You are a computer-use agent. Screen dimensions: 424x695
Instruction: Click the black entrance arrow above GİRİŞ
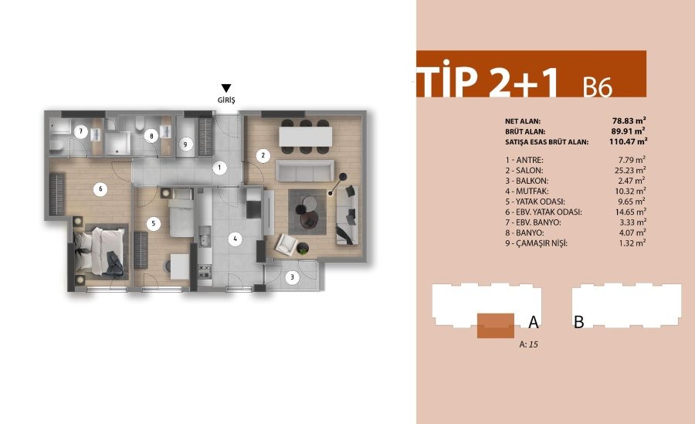pos(225,88)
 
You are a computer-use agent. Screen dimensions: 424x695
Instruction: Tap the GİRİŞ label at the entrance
pos(225,100)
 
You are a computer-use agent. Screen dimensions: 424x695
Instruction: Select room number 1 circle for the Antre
pos(219,167)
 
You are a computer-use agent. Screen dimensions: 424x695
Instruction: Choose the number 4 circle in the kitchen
pos(234,239)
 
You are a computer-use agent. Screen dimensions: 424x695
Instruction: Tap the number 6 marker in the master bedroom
pos(100,188)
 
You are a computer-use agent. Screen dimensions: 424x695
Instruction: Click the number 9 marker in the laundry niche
pos(186,143)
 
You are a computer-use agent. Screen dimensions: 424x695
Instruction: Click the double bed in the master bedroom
pos(99,250)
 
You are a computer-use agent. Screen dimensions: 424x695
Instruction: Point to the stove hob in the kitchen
pos(205,271)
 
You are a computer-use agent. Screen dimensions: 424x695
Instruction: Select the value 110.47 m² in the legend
pos(626,141)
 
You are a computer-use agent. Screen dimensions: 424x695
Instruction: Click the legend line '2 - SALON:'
pos(523,170)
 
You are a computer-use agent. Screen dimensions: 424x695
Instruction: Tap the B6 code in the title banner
pos(598,87)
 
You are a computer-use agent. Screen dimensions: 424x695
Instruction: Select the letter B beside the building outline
pos(578,323)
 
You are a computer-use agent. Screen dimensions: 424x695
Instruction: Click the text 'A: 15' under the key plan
pos(529,345)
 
